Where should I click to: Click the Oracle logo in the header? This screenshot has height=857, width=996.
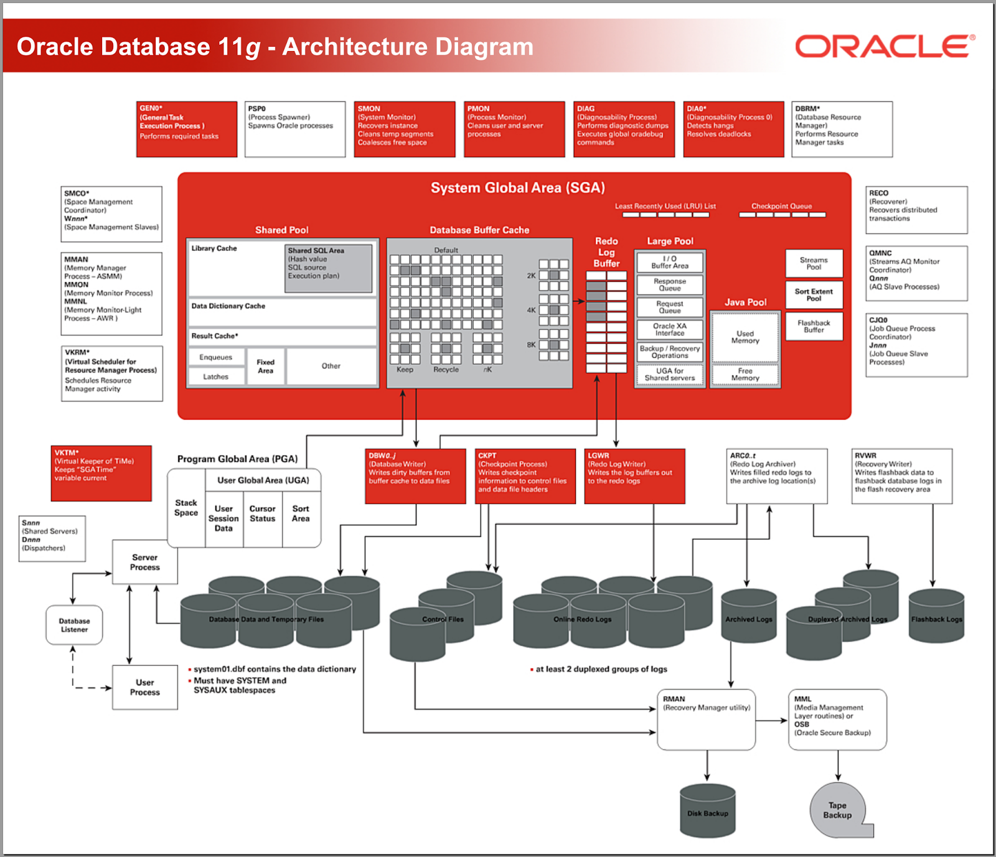pyautogui.click(x=885, y=47)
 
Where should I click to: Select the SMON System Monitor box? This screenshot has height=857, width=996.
pyautogui.click(x=404, y=129)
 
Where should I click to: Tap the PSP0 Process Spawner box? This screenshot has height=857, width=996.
pyautogui.click(x=294, y=129)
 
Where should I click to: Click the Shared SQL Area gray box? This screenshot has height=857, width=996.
pyautogui.click(x=328, y=268)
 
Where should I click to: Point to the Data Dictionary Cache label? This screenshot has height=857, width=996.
pyautogui.click(x=228, y=306)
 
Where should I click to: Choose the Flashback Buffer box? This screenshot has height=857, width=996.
pyautogui.click(x=814, y=327)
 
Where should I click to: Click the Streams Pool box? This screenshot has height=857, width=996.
pyautogui.click(x=814, y=263)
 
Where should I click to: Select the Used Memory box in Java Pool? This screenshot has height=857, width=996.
pyautogui.click(x=745, y=337)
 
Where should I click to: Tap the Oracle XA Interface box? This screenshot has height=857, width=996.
pyautogui.click(x=670, y=329)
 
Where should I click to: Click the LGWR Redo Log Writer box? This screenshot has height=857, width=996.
pyautogui.click(x=635, y=476)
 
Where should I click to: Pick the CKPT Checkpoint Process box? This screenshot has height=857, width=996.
pyautogui.click(x=525, y=476)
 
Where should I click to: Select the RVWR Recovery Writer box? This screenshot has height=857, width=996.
pyautogui.click(x=902, y=476)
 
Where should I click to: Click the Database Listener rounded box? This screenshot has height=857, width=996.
pyautogui.click(x=74, y=625)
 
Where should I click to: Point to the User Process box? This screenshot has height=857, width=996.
pyautogui.click(x=145, y=687)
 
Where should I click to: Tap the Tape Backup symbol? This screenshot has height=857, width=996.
pyautogui.click(x=838, y=810)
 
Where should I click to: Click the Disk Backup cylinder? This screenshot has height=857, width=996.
pyautogui.click(x=708, y=810)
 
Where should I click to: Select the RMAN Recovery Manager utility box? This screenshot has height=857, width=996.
pyautogui.click(x=707, y=719)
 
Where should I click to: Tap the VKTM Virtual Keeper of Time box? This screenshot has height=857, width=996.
pyautogui.click(x=101, y=473)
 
